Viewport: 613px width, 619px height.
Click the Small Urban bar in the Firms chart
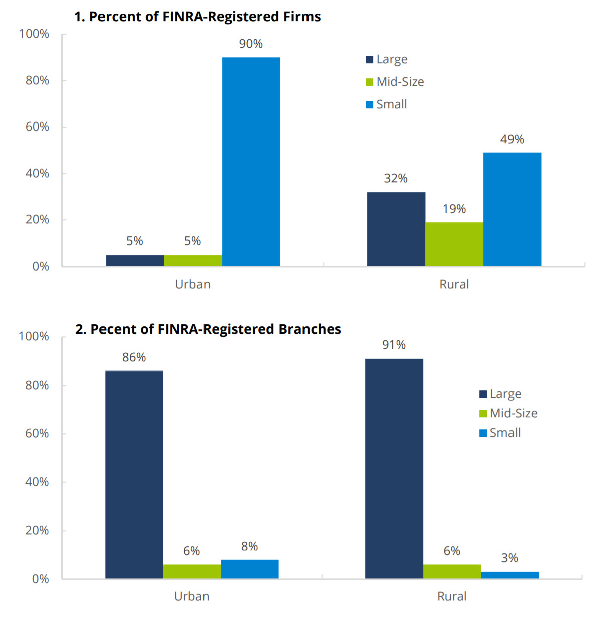pyautogui.click(x=251, y=161)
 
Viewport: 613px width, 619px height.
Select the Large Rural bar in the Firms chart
pyautogui.click(x=396, y=228)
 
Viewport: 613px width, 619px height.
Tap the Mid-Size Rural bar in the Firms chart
pyautogui.click(x=454, y=244)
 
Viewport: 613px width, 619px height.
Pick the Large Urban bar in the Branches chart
pyautogui.click(x=134, y=474)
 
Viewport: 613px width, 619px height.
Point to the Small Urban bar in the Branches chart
pyautogui.click(x=249, y=569)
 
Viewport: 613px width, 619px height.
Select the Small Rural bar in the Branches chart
pyautogui.click(x=509, y=575)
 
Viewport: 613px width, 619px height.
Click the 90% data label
pyautogui.click(x=251, y=44)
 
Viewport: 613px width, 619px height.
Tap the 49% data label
pyautogui.click(x=512, y=139)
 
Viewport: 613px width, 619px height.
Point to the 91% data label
pyautogui.click(x=394, y=345)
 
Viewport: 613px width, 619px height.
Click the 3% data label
pyautogui.click(x=509, y=558)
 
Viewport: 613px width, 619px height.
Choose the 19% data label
pyautogui.click(x=454, y=209)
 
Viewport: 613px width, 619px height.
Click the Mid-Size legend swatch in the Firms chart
pyautogui.click(x=370, y=82)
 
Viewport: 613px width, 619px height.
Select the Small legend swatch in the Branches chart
pyautogui.click(x=483, y=433)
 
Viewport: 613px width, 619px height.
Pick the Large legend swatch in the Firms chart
pyautogui.click(x=370, y=59)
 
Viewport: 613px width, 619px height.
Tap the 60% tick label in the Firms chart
pyautogui.click(x=37, y=127)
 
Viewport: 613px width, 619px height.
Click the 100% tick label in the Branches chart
pyautogui.click(x=34, y=336)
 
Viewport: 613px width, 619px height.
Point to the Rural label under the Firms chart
pyautogui.click(x=454, y=284)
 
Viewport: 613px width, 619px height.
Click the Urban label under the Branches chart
pyautogui.click(x=191, y=596)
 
